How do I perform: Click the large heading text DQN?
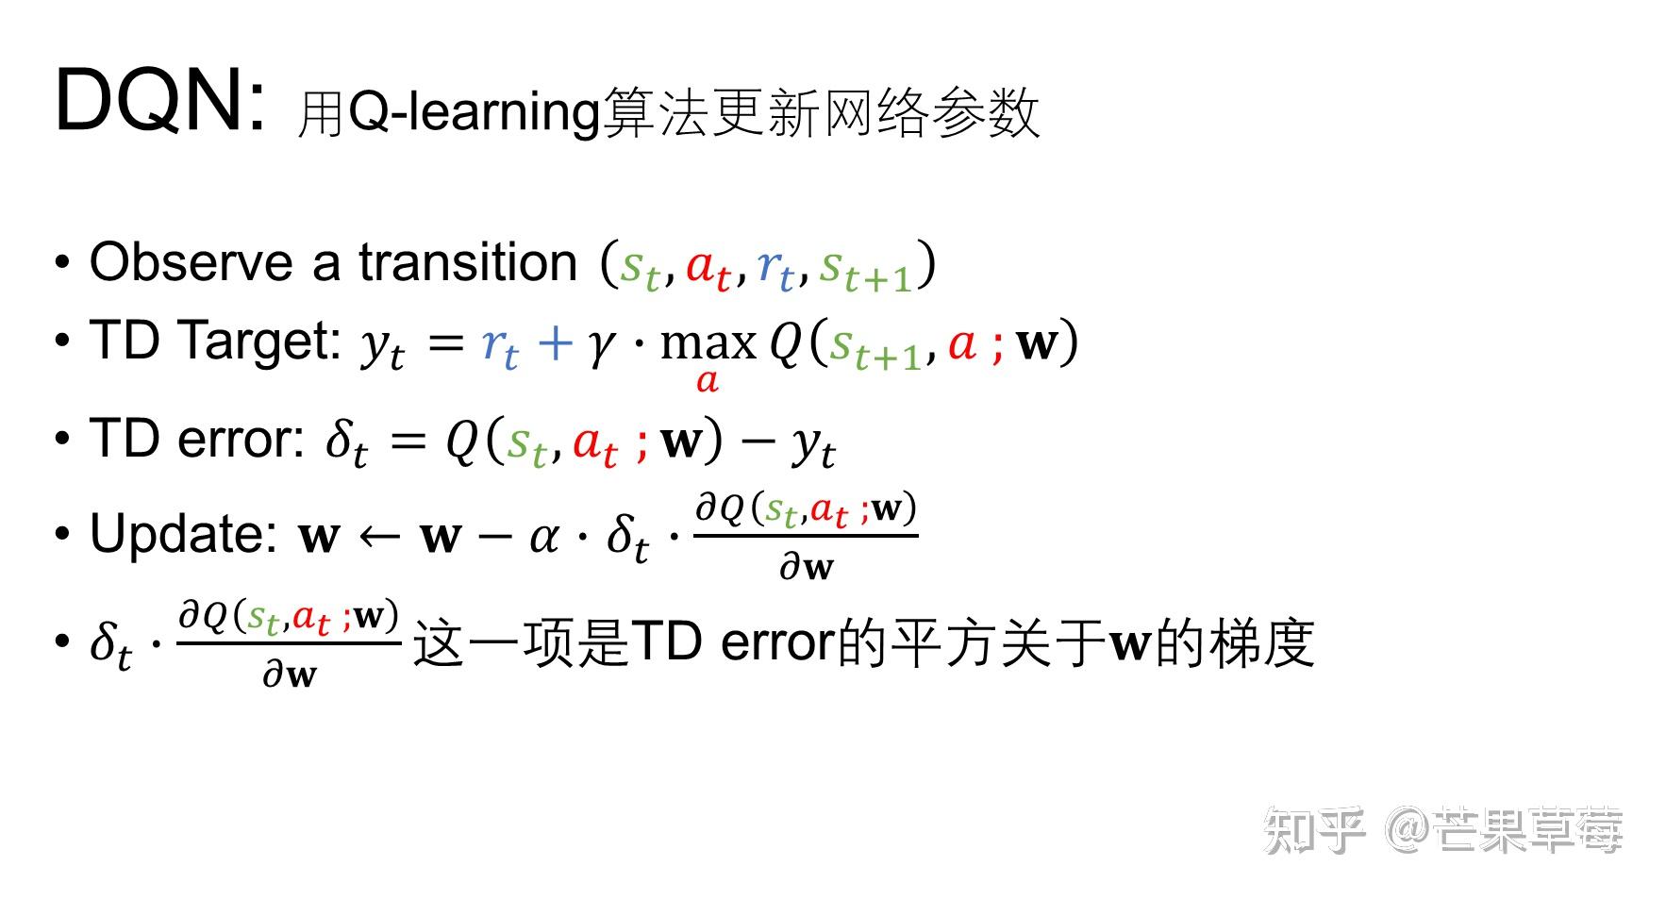[160, 101]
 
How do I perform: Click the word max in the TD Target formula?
[708, 342]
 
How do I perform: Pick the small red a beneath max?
[708, 382]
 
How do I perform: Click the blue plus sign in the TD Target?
[555, 342]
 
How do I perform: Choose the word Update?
[184, 535]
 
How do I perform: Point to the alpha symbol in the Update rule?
[544, 538]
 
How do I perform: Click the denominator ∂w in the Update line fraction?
[807, 567]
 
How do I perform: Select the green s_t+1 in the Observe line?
[866, 269]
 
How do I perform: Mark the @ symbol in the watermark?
[1408, 830]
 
